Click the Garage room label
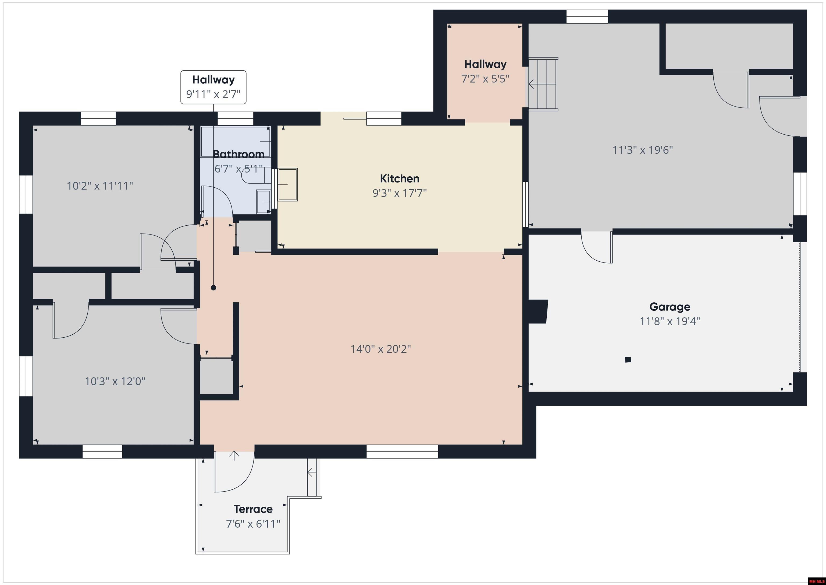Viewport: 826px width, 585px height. tap(670, 307)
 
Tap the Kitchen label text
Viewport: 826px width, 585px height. tap(399, 179)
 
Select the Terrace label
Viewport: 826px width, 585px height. tap(253, 509)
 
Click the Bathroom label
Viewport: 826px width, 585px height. tap(238, 154)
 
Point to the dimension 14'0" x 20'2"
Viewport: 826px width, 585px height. tap(381, 349)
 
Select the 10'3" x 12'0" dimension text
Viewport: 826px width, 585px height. tap(115, 381)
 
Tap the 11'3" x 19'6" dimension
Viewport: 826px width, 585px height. tap(643, 150)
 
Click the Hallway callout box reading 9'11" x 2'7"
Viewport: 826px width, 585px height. tap(213, 87)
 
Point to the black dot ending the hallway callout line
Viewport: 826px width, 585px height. tap(213, 288)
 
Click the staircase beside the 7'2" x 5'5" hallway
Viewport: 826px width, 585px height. tap(543, 84)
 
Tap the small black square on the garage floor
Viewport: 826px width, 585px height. tap(628, 359)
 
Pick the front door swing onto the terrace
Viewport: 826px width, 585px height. tap(234, 472)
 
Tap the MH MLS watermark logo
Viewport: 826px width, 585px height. tap(816, 581)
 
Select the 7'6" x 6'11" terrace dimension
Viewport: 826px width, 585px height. tap(253, 524)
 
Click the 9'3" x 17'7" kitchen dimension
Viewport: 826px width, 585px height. tap(399, 193)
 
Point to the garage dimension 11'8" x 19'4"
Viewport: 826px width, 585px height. tap(670, 321)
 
